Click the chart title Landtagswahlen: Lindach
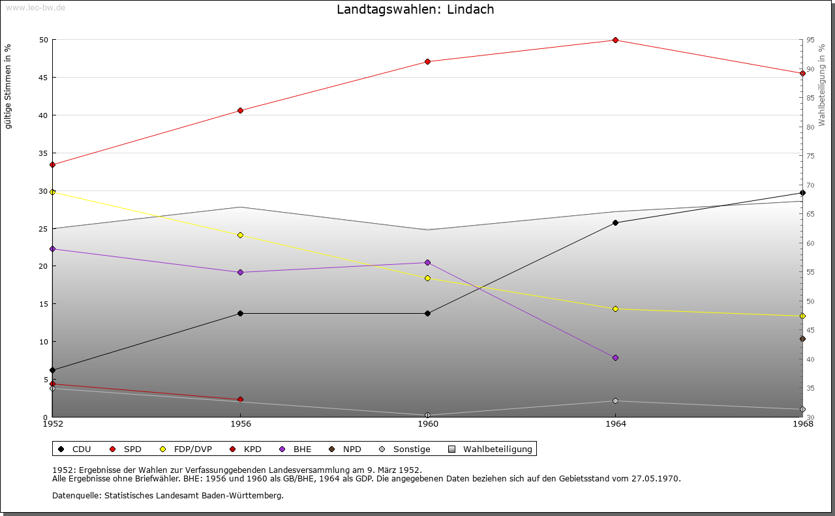415,9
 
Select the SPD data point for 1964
615,40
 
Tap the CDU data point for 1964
615,223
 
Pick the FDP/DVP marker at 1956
240,235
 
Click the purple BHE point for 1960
427,263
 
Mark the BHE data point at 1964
615,357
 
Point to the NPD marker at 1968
802,339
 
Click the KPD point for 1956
240,399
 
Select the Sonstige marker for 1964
615,401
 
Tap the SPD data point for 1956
240,110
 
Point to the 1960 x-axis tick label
427,425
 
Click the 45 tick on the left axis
44,77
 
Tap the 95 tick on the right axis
810,40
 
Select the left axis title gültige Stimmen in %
8,86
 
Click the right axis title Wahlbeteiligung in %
821,85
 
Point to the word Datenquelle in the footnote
74,495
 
